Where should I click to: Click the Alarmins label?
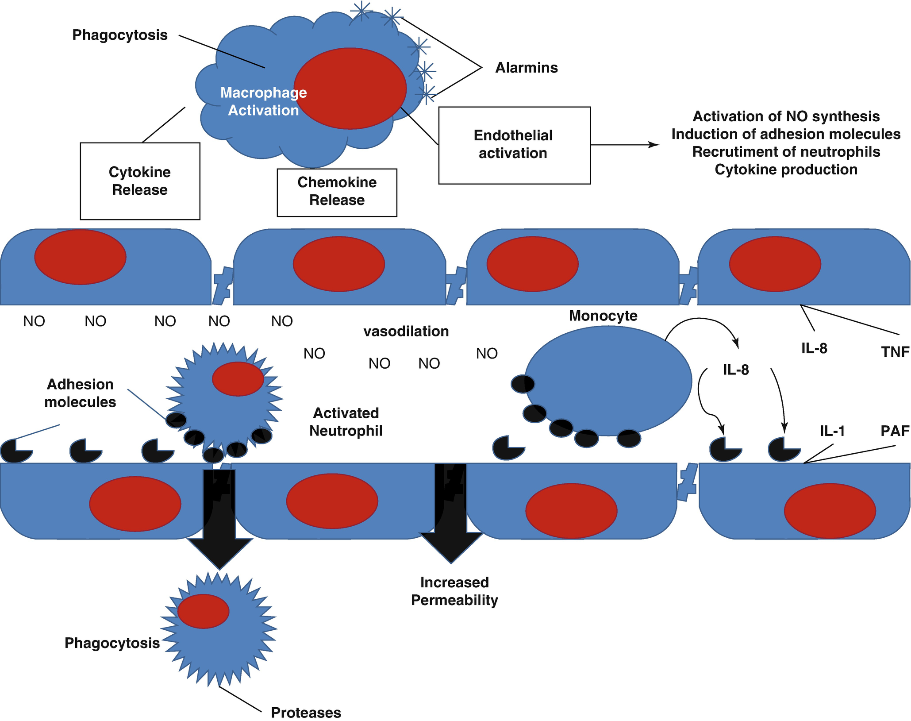pos(526,68)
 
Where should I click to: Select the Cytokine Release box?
pos(140,181)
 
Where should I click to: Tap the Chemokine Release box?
pos(337,193)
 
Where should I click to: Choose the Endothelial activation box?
pos(514,145)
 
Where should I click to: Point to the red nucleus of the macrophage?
pos(350,89)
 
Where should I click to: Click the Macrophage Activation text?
pos(264,101)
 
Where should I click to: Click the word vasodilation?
pos(406,332)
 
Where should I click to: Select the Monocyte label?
pos(603,316)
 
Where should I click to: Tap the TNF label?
pos(895,352)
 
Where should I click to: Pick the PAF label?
pos(895,431)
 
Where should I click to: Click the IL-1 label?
pos(832,431)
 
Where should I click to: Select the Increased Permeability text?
pos(454,591)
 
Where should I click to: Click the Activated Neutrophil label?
pos(346,422)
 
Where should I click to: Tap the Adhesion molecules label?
pos(80,393)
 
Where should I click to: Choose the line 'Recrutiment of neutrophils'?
pos(786,152)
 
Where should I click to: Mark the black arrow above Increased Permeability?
pos(451,513)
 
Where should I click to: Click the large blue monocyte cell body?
pos(611,381)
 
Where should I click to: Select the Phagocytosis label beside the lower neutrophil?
pos(112,643)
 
